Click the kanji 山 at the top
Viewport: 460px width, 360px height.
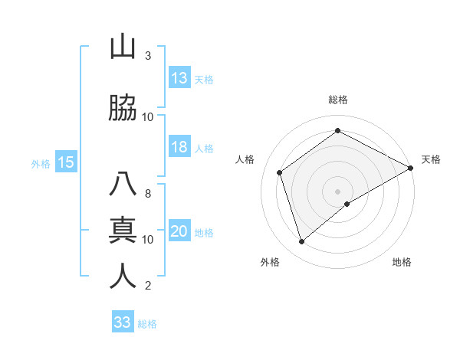coord(123,47)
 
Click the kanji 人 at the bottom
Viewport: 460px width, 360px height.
coord(123,276)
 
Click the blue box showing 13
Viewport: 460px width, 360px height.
coord(179,78)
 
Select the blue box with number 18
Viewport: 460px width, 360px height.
coord(179,147)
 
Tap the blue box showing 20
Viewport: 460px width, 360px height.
coord(179,231)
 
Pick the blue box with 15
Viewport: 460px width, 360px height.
coord(66,162)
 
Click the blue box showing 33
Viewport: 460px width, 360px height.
coord(123,322)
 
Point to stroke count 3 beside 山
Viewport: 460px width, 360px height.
coord(148,56)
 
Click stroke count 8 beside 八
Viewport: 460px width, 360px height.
coord(148,194)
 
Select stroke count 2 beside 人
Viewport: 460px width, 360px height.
coord(148,286)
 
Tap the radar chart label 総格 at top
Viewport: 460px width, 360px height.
coord(338,100)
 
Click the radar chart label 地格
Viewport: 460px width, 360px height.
coord(402,262)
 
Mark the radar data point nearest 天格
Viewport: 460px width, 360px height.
coord(411,168)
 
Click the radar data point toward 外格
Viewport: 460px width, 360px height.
coord(302,242)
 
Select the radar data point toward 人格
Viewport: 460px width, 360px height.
coord(280,172)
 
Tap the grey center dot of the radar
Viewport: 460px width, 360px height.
coord(338,191)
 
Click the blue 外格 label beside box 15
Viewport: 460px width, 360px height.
coord(41,163)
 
